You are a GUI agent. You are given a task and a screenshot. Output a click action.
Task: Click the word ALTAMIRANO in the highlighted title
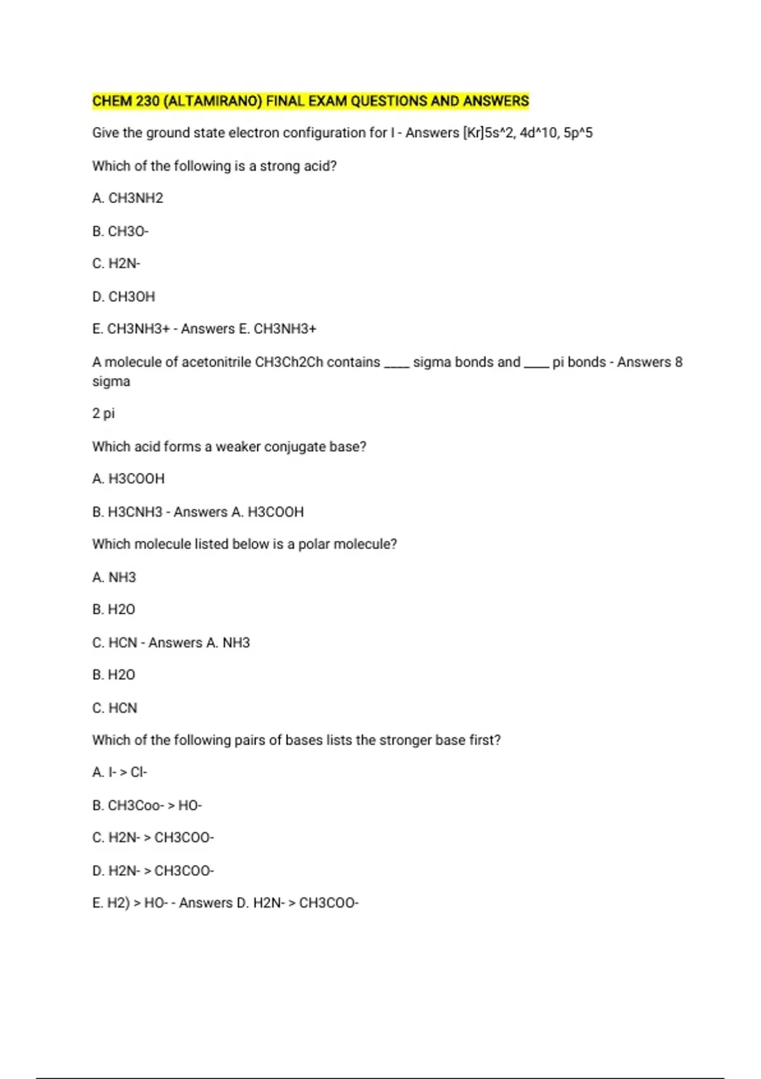(212, 101)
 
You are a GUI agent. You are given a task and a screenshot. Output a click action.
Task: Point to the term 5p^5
(578, 133)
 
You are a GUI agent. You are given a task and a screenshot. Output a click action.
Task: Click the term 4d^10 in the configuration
(538, 133)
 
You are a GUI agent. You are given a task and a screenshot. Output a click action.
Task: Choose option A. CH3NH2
(127, 198)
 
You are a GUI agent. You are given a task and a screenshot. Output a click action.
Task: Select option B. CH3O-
(120, 231)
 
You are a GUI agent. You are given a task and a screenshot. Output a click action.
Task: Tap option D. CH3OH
(124, 296)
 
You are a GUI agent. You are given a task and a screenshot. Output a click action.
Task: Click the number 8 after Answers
(679, 362)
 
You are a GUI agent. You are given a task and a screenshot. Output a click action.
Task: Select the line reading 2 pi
(103, 414)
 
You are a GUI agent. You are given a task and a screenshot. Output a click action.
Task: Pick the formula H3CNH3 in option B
(135, 512)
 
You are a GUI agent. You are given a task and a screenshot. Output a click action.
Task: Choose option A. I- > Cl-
(119, 772)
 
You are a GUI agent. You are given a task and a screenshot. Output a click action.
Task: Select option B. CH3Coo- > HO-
(146, 805)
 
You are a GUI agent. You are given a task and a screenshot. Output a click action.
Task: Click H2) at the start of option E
(119, 903)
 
